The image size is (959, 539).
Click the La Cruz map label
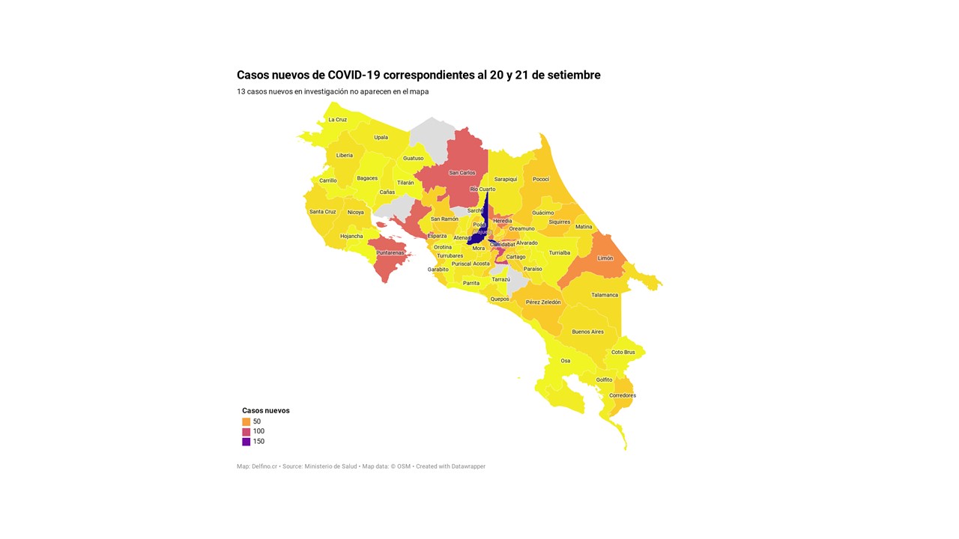click(337, 120)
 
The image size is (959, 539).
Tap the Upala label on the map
click(381, 138)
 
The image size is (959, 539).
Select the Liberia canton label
click(345, 156)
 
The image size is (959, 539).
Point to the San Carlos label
click(462, 173)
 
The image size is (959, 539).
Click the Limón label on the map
click(605, 258)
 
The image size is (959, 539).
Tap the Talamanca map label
click(605, 295)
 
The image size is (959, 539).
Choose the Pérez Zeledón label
click(543, 302)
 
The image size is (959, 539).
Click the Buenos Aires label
click(587, 332)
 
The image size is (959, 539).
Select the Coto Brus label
click(623, 353)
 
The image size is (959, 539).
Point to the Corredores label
click(623, 395)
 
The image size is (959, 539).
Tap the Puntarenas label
click(390, 253)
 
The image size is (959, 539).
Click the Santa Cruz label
click(323, 212)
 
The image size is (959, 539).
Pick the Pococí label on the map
click(541, 180)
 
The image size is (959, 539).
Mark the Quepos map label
click(500, 299)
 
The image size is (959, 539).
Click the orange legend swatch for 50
click(246, 421)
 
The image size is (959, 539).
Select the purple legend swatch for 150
click(246, 442)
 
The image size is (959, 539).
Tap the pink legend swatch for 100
click(246, 431)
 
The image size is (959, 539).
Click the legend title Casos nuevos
click(266, 411)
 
